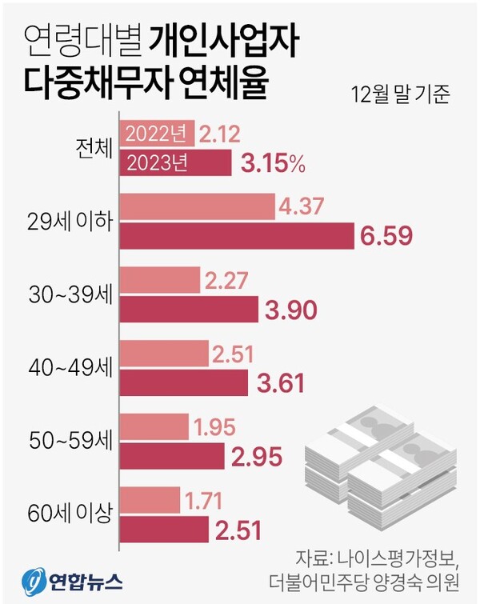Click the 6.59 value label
pos(387,237)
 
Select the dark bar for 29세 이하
pos(237,235)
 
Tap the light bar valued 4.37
pos(197,207)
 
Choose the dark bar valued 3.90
pos(189,310)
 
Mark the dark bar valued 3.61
pos(183,382)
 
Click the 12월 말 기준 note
pos(400,96)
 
